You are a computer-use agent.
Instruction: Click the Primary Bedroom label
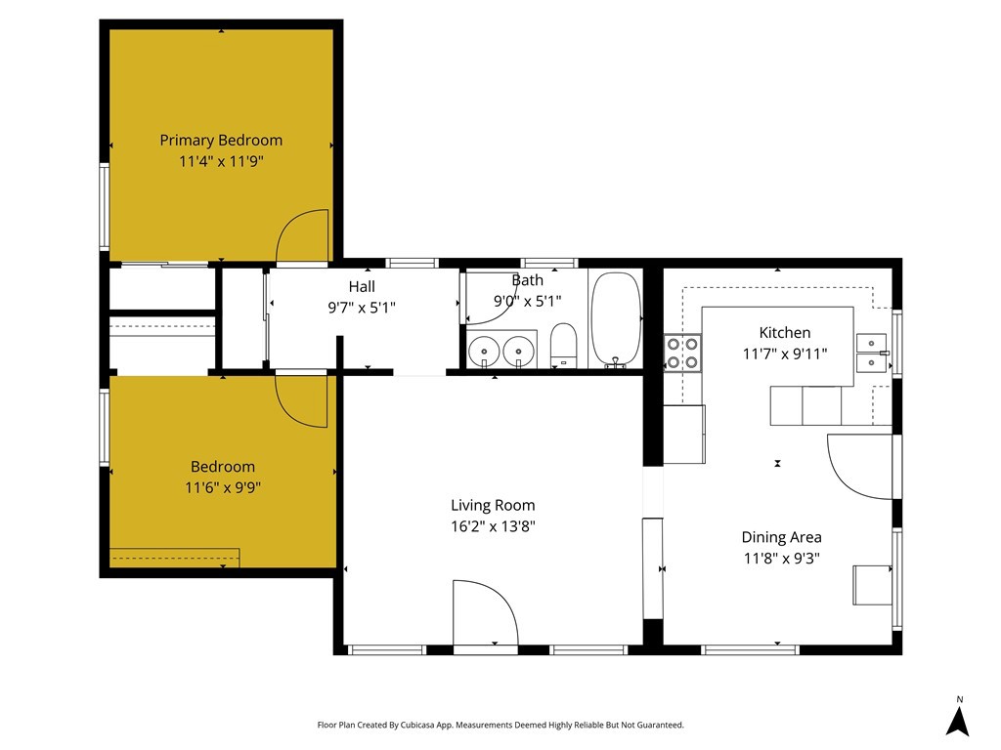[x=221, y=140]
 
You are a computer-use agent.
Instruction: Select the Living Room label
[x=493, y=505]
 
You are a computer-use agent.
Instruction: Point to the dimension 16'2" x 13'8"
[x=493, y=525]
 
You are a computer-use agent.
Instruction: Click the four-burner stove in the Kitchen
[x=682, y=353]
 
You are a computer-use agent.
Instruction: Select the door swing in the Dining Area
[x=858, y=467]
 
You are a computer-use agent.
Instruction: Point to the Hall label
[x=362, y=286]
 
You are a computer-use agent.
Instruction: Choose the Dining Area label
[x=781, y=537]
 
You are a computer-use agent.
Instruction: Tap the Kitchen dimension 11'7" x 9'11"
[x=784, y=354]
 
